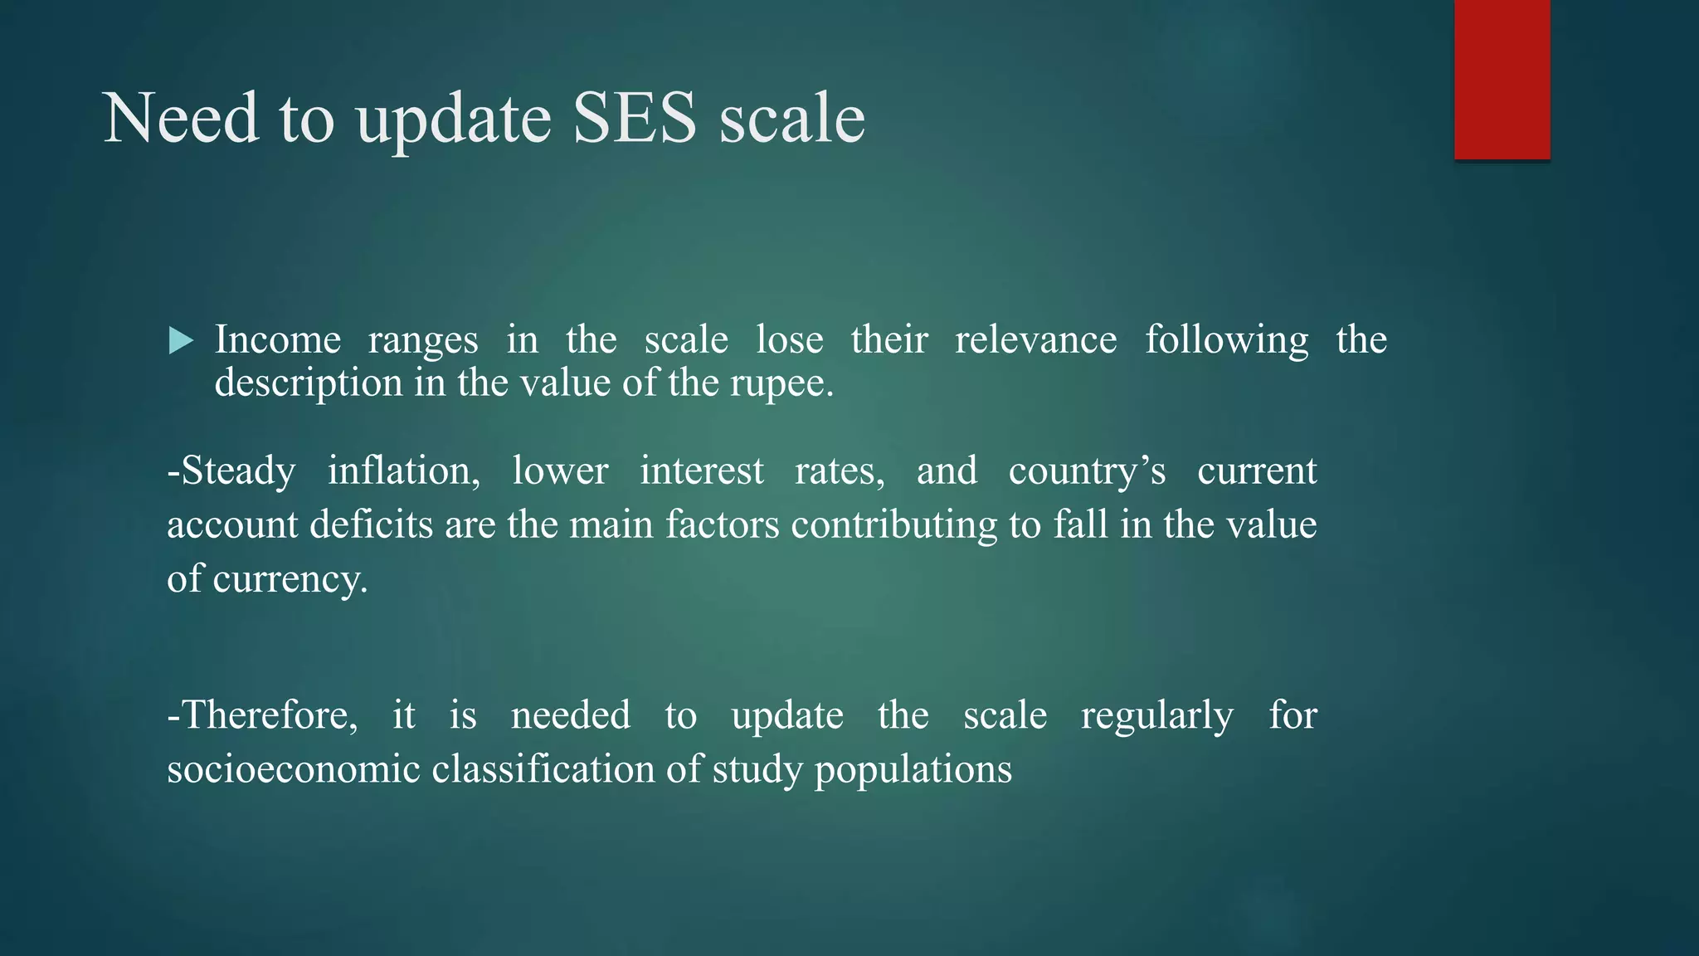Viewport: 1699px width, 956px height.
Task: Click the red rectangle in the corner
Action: [x=1502, y=80]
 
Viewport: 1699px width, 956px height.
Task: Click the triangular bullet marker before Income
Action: [x=180, y=340]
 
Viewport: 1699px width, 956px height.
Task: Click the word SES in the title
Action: [x=635, y=118]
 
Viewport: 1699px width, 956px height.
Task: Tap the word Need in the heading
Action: [x=181, y=118]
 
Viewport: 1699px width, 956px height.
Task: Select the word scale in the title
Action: [x=791, y=118]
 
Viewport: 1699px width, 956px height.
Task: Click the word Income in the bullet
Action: [x=278, y=339]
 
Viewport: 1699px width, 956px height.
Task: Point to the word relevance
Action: [x=1035, y=339]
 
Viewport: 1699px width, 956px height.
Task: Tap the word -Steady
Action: [x=231, y=471]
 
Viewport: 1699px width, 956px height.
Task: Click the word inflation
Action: [x=403, y=471]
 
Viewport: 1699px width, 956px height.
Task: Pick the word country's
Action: [x=1087, y=471]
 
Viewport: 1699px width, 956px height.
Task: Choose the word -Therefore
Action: [x=262, y=715]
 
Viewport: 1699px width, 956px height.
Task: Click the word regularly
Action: [x=1156, y=715]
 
